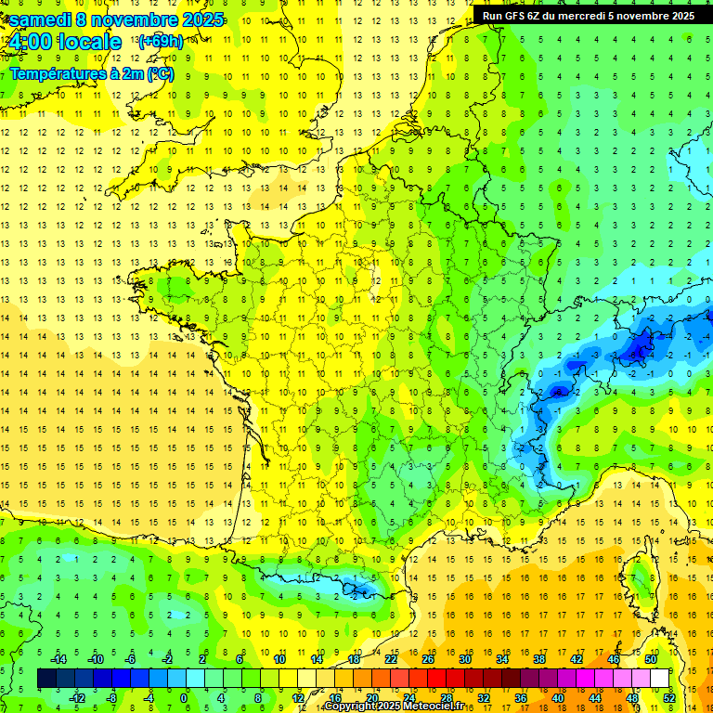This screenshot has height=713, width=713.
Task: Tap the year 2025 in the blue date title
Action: [x=199, y=19]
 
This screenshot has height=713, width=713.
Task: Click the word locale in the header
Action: [x=89, y=42]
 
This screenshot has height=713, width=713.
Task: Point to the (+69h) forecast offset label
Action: [x=160, y=42]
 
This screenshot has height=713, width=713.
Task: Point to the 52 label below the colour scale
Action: [x=669, y=698]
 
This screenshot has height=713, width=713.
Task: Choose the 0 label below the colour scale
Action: [x=184, y=698]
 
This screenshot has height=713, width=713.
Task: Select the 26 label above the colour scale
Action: [x=428, y=659]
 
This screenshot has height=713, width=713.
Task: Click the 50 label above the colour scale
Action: [x=651, y=659]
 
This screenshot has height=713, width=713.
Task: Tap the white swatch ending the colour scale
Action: [x=660, y=679]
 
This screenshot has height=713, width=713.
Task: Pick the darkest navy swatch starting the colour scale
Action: [x=46, y=679]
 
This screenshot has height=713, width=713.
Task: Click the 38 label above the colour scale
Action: [x=539, y=659]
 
